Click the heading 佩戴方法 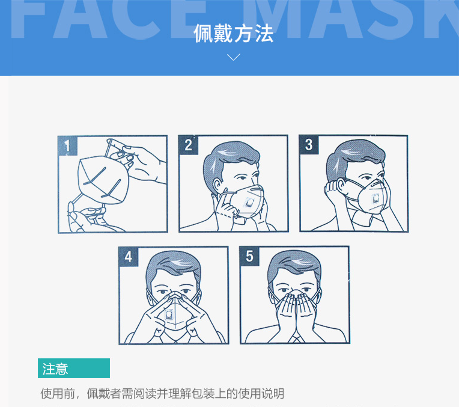(233, 34)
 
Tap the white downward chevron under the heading (234, 57)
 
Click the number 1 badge (68, 145)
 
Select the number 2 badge (188, 145)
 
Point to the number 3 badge (309, 145)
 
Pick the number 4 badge (128, 257)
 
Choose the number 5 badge (249, 256)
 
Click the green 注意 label (74, 368)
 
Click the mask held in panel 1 (103, 179)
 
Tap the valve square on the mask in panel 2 (249, 202)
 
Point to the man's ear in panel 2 (217, 185)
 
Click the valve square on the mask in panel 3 (375, 199)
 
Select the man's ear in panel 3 (341, 186)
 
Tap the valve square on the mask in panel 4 (169, 314)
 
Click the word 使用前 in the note (58, 394)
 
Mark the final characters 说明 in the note (273, 394)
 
